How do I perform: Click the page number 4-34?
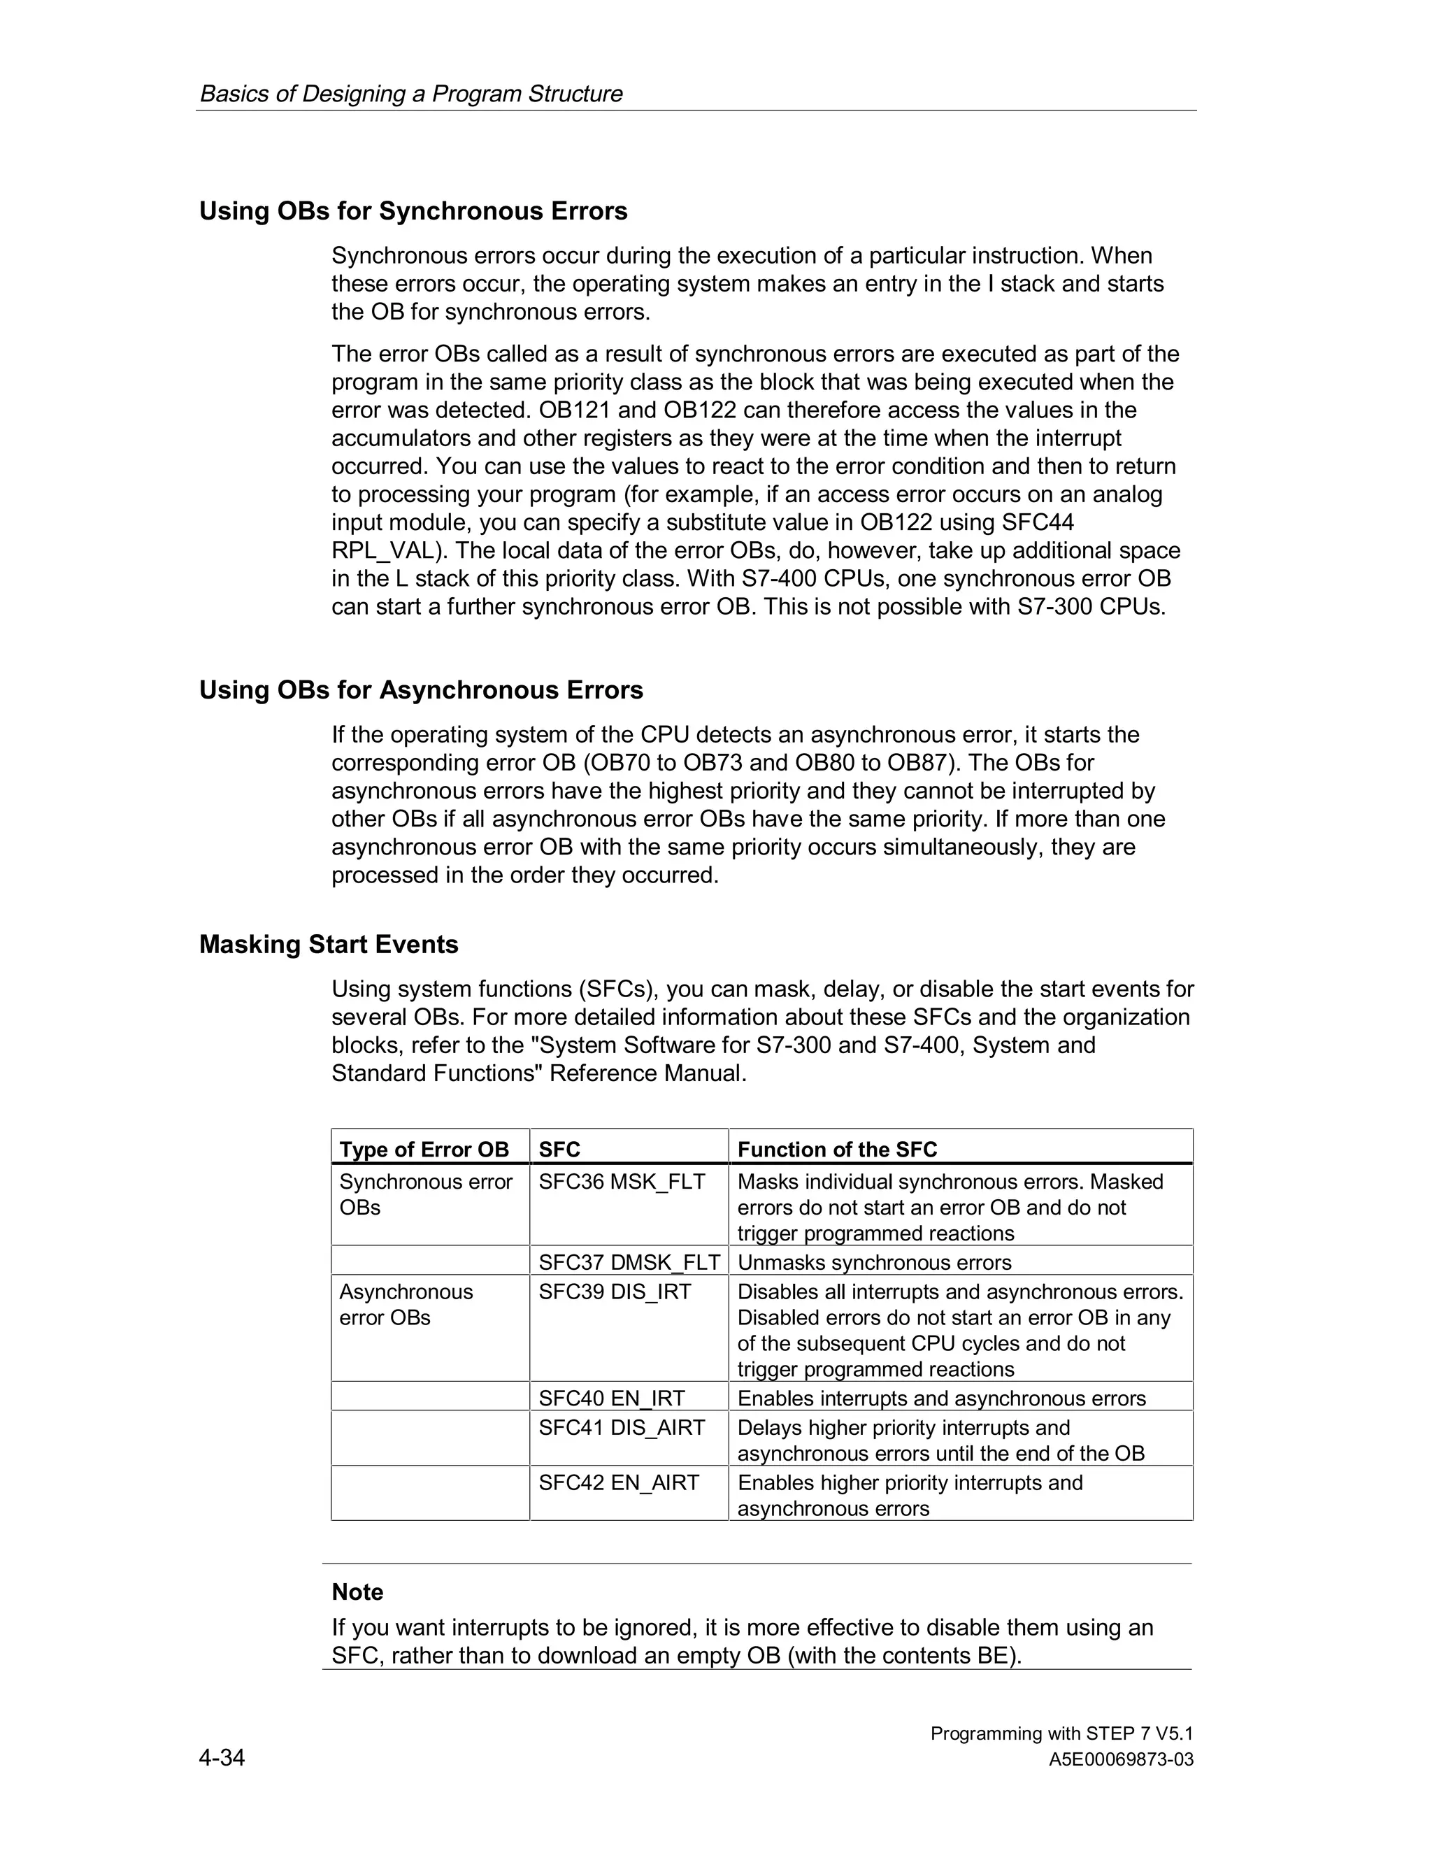pos(222,1757)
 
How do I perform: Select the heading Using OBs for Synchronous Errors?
pos(413,211)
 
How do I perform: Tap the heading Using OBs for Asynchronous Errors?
pos(421,689)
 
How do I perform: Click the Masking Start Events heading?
pos(329,944)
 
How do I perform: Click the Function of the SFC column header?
pos(836,1150)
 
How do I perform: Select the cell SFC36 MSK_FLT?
pos(621,1182)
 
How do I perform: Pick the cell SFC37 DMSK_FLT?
pos(629,1262)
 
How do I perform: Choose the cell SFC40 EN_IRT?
pos(611,1398)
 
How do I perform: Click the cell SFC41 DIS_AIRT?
pos(621,1428)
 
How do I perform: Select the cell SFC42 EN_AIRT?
pos(618,1483)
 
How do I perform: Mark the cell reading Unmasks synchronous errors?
pos(874,1262)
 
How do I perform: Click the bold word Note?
pos(357,1591)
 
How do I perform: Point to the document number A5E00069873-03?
pos(1121,1760)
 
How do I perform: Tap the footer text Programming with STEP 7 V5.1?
pos(1061,1733)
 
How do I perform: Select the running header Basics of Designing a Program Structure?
pos(410,93)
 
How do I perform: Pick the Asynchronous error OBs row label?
pos(406,1305)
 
